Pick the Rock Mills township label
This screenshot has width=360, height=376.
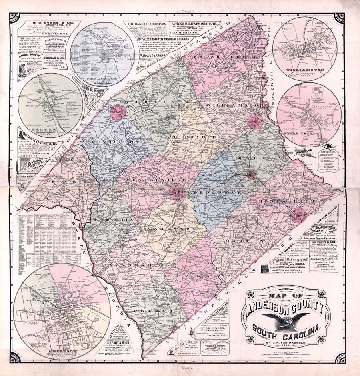click(108, 220)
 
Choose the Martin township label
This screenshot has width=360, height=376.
click(239, 241)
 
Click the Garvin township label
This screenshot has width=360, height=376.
click(140, 103)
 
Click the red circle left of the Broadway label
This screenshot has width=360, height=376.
click(176, 193)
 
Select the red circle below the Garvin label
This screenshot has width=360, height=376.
click(118, 112)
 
